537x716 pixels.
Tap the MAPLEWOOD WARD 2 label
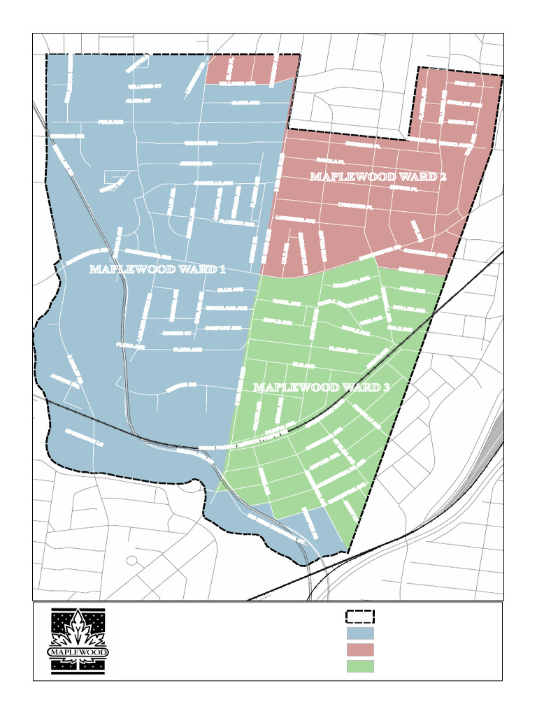pos(378,177)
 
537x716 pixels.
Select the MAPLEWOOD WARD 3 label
pos(321,387)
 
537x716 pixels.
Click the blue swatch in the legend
pos(360,633)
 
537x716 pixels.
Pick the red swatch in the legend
pos(360,650)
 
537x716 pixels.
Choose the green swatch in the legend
pos(360,666)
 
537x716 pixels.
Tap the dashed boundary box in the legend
pos(360,616)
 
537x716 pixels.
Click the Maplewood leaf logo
pos(78,640)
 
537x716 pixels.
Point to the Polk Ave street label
pos(110,122)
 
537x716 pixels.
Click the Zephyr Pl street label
pos(403,188)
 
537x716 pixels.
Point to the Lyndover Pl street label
pos(352,207)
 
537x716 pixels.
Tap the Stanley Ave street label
pos(463,104)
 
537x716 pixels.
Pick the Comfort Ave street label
pos(222,327)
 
